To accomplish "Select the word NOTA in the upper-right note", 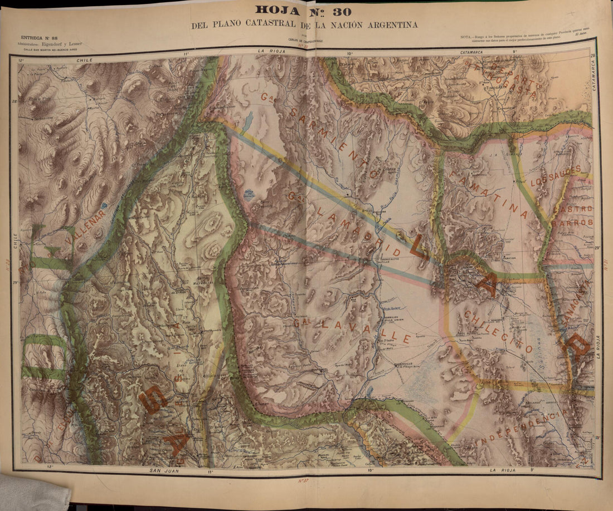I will [x=467, y=37].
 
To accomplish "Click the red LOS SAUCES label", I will [x=555, y=169].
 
